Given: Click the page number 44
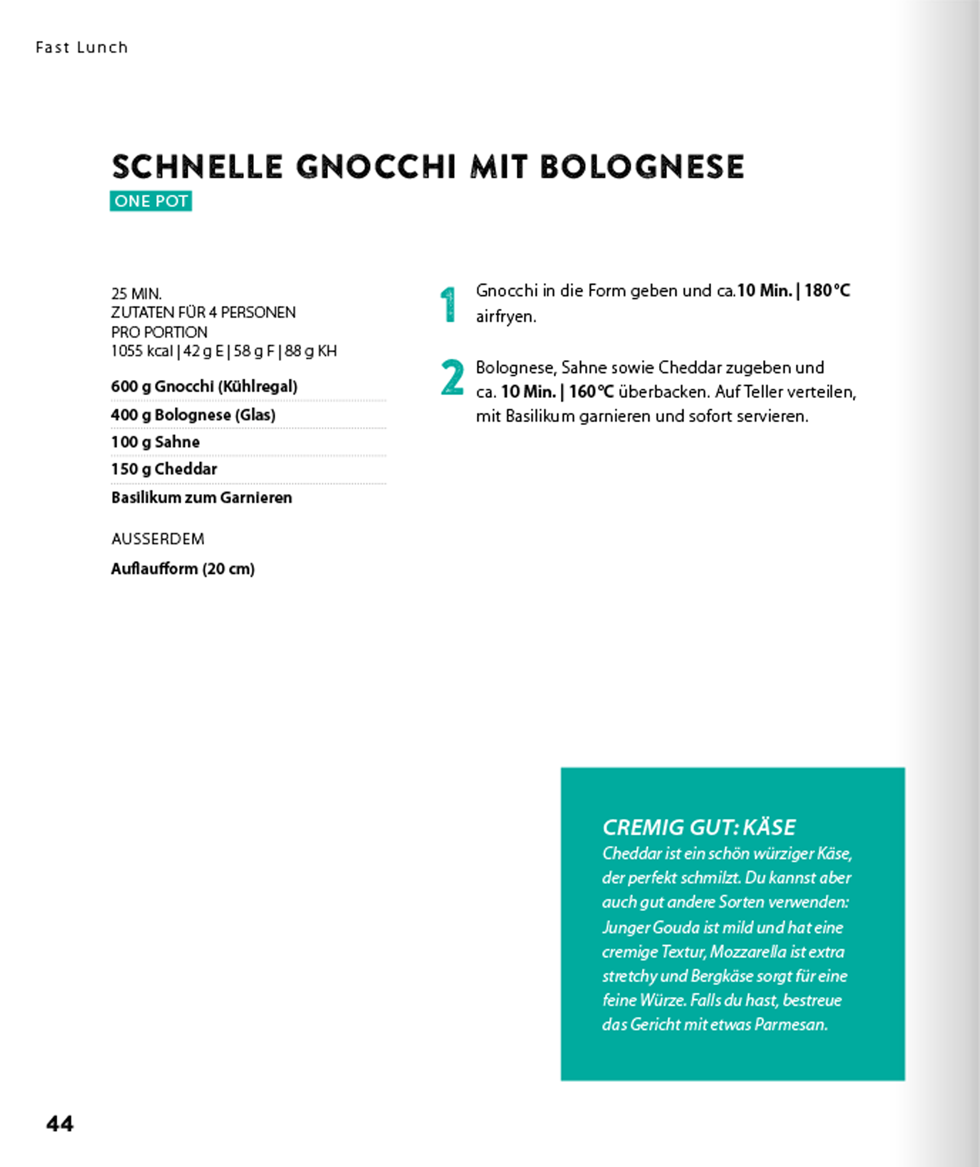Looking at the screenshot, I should (x=60, y=1124).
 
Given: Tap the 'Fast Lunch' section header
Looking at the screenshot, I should (x=82, y=48).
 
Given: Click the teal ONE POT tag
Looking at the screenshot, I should (x=151, y=201).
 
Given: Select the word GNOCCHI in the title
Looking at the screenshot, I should (x=376, y=167).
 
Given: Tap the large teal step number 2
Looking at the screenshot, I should (x=452, y=378).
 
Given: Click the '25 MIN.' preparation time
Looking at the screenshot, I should (x=136, y=294).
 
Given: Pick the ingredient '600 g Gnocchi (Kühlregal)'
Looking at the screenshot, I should (x=204, y=386).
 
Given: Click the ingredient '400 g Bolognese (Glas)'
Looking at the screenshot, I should (x=193, y=415).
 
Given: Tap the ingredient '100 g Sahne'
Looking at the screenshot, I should (x=155, y=442).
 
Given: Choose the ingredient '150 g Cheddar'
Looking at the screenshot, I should (x=164, y=469).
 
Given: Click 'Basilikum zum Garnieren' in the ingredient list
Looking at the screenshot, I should (x=201, y=497).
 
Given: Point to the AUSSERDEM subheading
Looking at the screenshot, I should (x=158, y=539).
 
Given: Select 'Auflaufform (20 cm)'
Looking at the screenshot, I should (x=183, y=569).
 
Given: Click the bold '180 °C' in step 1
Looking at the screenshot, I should (x=827, y=291).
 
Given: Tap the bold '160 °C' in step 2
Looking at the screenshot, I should (x=591, y=392).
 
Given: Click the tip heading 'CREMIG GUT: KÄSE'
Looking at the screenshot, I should (x=699, y=827).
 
